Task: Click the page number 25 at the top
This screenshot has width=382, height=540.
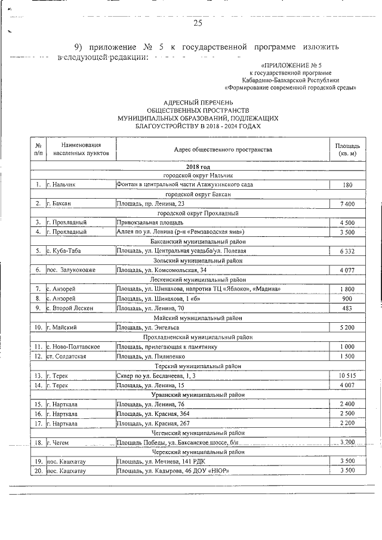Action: point(198,23)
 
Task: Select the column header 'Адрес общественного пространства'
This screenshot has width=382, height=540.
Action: point(223,150)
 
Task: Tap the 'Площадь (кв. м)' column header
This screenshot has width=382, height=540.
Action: point(347,150)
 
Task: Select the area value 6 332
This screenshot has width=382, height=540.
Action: point(347,251)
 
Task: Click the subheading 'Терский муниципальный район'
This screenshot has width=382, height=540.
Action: point(198,366)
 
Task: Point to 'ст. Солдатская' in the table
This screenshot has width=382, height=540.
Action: point(67,356)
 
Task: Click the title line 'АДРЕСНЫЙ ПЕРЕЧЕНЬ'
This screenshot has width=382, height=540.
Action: point(198,103)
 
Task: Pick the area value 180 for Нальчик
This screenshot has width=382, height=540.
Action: point(347,185)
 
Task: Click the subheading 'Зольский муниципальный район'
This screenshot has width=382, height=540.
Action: point(198,261)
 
